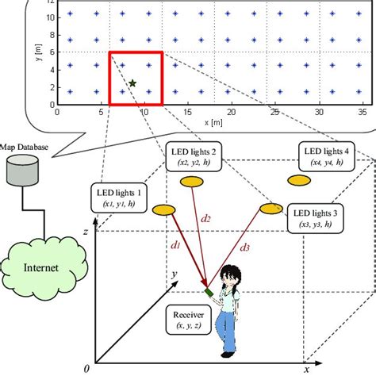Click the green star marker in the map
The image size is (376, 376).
(132, 82)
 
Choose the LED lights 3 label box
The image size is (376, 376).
(316, 218)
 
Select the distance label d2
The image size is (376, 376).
(205, 217)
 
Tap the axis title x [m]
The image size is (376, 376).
(213, 123)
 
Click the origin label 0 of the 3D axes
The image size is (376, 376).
(88, 369)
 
